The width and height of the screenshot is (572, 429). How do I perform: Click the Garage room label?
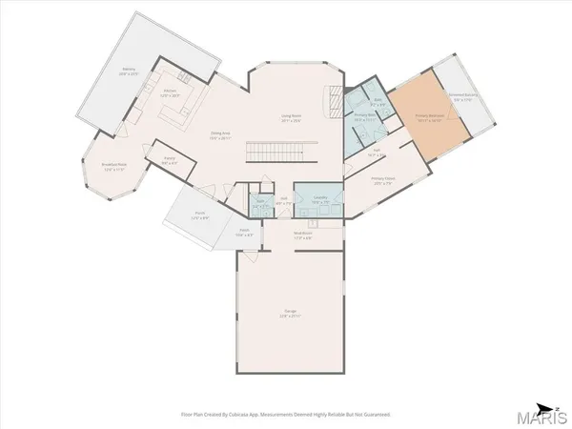290,314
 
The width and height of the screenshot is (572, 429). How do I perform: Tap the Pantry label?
170,163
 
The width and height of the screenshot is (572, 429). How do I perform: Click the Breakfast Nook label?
114,168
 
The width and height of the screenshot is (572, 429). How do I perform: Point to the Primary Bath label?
363,117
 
